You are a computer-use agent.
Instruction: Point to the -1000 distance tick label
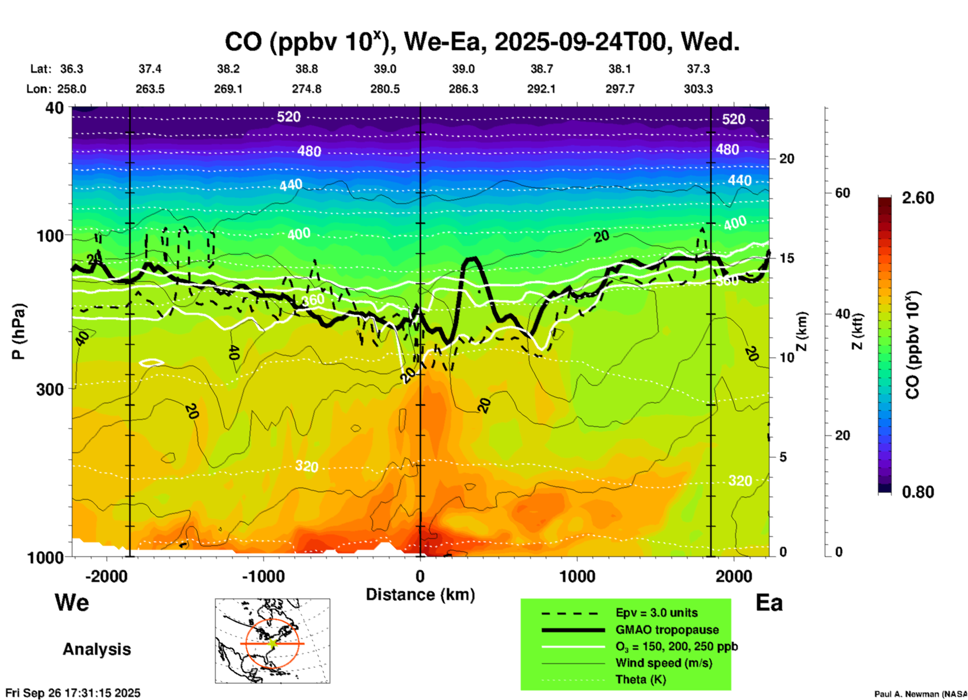(263, 576)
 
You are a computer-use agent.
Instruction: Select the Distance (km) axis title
(420, 595)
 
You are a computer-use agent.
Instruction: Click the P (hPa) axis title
(19, 331)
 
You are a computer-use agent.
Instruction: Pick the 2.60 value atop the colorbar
(918, 198)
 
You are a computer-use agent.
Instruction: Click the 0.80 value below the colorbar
(918, 492)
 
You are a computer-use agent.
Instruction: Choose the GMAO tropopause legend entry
(667, 630)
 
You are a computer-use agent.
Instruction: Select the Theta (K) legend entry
(640, 679)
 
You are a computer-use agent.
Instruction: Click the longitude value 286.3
(463, 89)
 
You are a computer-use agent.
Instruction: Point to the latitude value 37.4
(150, 69)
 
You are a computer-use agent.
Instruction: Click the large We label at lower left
(72, 602)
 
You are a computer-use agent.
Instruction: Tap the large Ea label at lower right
(769, 603)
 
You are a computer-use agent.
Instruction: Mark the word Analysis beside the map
(96, 649)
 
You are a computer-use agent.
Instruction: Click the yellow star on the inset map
(272, 643)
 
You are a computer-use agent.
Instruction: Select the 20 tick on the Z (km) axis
(787, 159)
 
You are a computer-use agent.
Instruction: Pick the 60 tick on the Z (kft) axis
(842, 193)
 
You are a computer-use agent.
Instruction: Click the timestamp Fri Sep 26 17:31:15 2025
(73, 693)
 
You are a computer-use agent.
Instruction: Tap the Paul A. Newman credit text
(920, 694)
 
